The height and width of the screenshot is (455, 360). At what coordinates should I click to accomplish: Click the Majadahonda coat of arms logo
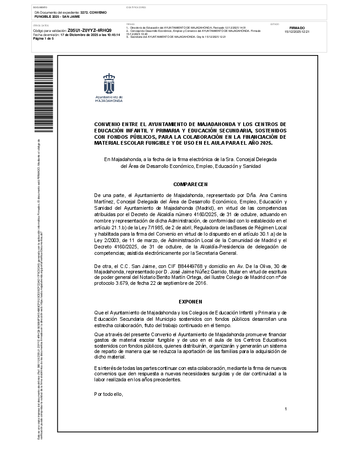click(109, 83)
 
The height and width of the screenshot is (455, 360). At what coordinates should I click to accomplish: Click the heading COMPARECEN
click(190, 184)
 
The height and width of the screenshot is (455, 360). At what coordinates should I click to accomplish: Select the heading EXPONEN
click(190, 302)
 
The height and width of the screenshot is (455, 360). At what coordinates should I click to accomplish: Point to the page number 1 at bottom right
click(285, 409)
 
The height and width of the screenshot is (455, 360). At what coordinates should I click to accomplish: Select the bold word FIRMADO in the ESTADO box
click(297, 28)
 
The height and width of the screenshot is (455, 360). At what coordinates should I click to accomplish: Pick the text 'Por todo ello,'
click(109, 394)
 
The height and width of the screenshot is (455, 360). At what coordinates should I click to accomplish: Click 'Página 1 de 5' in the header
click(44, 39)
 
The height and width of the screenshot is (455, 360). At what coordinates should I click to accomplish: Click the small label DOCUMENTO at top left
click(40, 8)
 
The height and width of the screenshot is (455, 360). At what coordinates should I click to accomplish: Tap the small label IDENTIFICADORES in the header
click(136, 8)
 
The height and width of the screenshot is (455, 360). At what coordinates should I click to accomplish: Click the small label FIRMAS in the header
click(130, 24)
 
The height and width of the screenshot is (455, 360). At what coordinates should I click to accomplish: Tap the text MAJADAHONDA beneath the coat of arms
click(109, 101)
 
